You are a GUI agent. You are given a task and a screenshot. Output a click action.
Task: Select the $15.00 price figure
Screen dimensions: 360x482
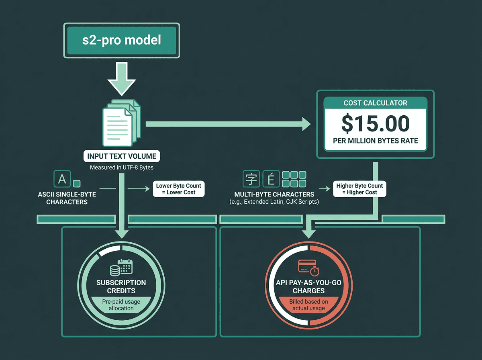376,123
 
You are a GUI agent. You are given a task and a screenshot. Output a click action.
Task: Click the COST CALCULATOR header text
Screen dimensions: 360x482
376,103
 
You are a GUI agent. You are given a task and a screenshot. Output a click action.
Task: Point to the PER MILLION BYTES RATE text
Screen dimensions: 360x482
376,141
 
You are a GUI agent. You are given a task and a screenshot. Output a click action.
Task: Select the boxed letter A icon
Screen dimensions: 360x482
62,179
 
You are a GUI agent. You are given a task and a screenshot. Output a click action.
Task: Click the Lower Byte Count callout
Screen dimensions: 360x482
179,189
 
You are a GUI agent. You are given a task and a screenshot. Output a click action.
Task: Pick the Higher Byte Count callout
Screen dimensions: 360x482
359,189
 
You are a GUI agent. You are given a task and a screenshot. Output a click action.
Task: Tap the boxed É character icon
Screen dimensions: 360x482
271,179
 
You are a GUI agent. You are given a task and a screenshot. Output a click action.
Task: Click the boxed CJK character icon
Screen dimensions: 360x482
251,179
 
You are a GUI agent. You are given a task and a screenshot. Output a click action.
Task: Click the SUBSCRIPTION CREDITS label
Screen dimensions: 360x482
121,286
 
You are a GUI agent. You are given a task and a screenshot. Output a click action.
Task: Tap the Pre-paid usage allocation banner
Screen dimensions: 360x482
121,304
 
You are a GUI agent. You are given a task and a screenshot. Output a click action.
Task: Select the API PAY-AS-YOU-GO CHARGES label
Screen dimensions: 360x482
308,286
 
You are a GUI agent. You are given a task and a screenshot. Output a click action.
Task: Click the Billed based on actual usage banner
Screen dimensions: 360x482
308,304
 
